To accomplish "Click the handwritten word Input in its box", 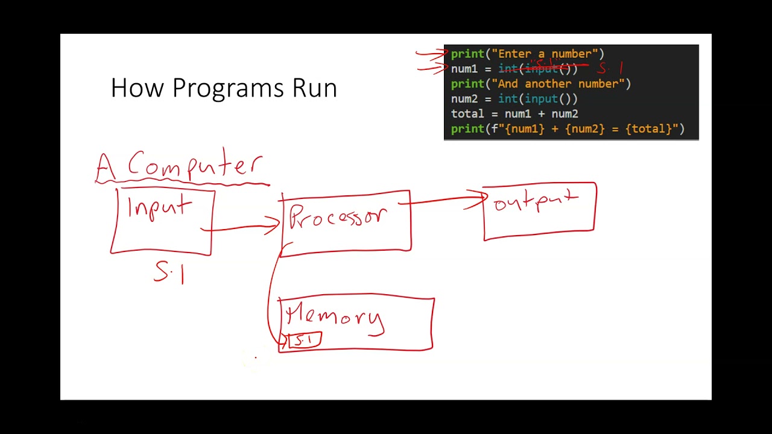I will coord(160,208).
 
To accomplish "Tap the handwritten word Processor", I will coord(338,217).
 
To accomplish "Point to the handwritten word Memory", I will coord(334,317).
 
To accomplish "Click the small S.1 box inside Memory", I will coord(305,341).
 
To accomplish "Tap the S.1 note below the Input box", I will coord(169,272).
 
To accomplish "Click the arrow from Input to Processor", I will coord(241,227).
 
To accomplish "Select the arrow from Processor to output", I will coord(446,201).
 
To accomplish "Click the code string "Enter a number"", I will coord(547,54).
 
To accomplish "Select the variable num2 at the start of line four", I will coord(464,99).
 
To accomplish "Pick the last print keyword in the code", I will coord(467,129).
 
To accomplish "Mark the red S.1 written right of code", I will coord(610,68).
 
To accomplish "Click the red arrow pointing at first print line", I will coord(431,54).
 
